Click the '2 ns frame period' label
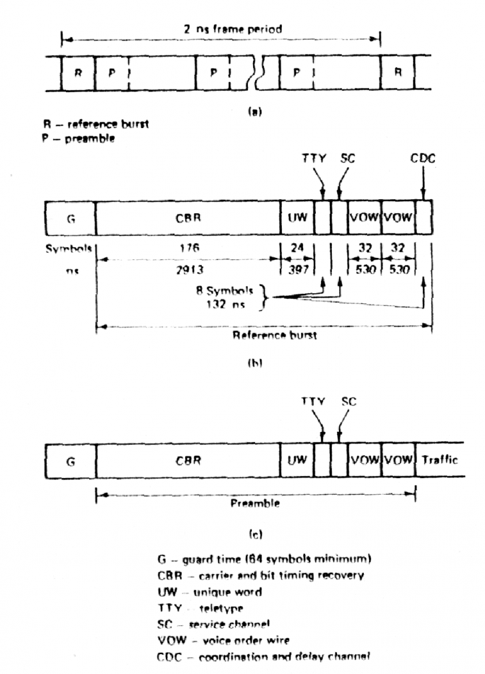click(233, 29)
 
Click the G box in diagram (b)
click(71, 218)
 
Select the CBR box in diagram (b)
click(188, 218)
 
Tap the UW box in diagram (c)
click(297, 460)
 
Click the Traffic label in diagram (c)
click(440, 460)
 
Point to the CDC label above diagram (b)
click(423, 158)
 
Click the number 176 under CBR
click(189, 247)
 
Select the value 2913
click(189, 269)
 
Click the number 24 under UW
click(297, 247)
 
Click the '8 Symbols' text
click(225, 291)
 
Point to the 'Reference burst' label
click(274, 335)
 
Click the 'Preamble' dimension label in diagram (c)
click(255, 503)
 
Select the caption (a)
click(254, 112)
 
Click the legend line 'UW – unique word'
click(210, 592)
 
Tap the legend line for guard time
click(264, 559)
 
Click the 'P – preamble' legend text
click(79, 139)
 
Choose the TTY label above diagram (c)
click(313, 401)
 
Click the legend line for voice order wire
click(223, 641)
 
